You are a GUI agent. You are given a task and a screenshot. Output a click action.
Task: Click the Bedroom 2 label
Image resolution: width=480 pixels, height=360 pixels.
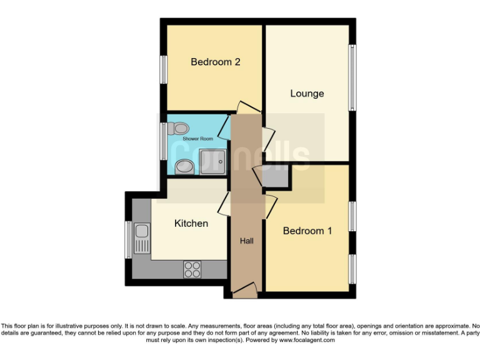[x=216, y=62]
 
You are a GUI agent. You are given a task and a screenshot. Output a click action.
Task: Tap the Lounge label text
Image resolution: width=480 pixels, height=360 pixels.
[x=307, y=93]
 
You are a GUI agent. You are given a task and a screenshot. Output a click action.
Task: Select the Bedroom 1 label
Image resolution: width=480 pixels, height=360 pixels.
[x=307, y=231]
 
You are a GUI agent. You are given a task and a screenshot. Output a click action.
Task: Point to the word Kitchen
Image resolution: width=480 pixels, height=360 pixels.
[x=191, y=223]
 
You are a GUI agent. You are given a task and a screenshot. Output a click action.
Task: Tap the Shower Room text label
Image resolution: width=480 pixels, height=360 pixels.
[x=197, y=138]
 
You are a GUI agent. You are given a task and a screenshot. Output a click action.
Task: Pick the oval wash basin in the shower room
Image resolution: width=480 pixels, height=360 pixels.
[x=184, y=167]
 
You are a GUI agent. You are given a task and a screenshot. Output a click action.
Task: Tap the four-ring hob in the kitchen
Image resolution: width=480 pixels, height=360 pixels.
[x=192, y=269]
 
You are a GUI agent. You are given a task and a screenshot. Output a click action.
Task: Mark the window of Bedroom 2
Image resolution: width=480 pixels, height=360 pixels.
[x=163, y=69]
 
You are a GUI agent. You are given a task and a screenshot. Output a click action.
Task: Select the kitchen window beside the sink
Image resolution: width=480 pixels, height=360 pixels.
[x=129, y=239]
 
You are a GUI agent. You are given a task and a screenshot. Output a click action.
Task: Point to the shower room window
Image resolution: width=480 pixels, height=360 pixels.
[x=163, y=141]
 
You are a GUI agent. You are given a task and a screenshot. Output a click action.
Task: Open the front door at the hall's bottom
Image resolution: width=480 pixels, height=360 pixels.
[x=244, y=289]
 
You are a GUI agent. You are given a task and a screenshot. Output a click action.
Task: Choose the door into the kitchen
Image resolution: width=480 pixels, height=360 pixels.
[x=224, y=204]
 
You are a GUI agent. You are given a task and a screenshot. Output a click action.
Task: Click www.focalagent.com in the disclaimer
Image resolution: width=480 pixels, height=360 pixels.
[x=306, y=341]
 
